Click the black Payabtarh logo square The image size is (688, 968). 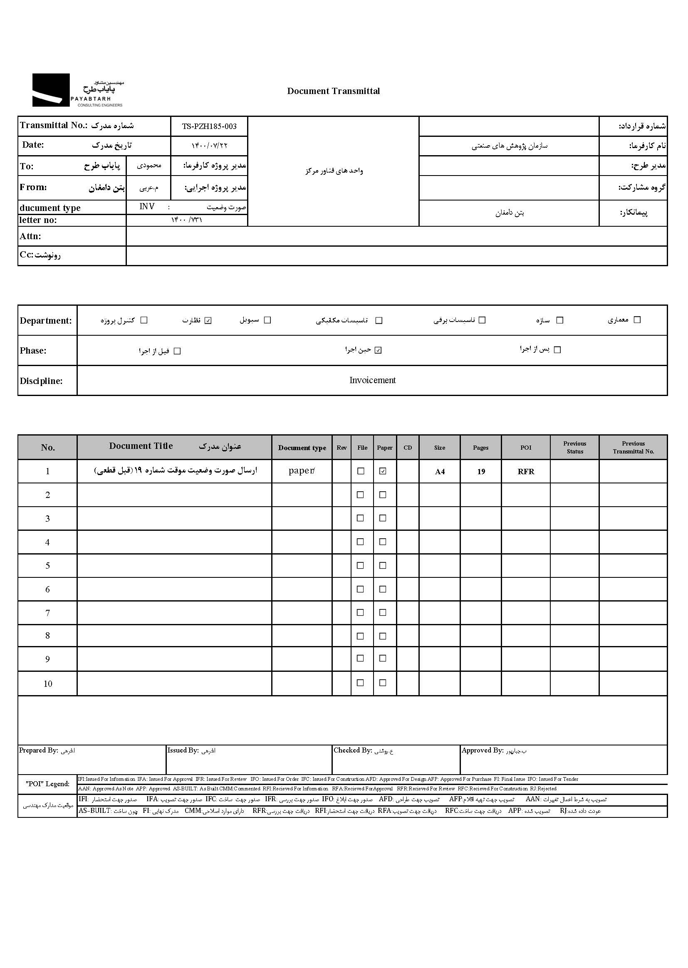pyautogui.click(x=51, y=90)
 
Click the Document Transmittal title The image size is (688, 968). pyautogui.click(x=334, y=91)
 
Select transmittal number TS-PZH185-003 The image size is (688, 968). pyautogui.click(x=209, y=126)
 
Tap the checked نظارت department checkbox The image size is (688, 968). pyautogui.click(x=208, y=320)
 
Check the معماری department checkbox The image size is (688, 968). pyautogui.click(x=637, y=320)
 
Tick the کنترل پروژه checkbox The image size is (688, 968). pyautogui.click(x=144, y=320)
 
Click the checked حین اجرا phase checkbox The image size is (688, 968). pyautogui.click(x=378, y=350)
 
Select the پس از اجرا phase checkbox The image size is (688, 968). pyautogui.click(x=557, y=350)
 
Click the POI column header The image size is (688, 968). pyautogui.click(x=526, y=448)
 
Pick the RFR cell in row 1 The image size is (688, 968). pyautogui.click(x=526, y=471)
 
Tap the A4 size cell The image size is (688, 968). pyautogui.click(x=440, y=471)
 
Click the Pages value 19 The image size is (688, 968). pyautogui.click(x=481, y=471)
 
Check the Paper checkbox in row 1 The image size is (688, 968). pyautogui.click(x=383, y=471)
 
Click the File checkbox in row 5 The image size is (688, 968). pyautogui.click(x=361, y=566)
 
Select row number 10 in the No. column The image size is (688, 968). pyautogui.click(x=48, y=684)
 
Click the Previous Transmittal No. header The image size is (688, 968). pyautogui.click(x=634, y=447)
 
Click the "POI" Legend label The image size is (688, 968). pyautogui.click(x=47, y=784)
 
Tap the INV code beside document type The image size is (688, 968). pyautogui.click(x=147, y=206)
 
